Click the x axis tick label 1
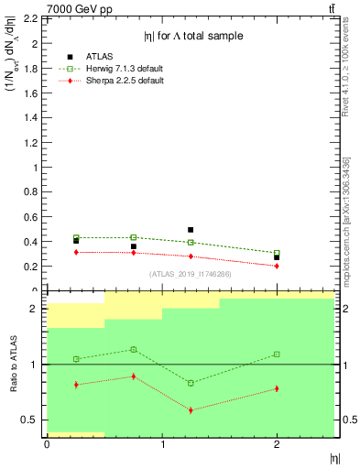click(x=162, y=444)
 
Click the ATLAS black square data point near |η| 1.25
click(x=191, y=230)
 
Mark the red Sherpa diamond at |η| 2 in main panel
click(x=277, y=266)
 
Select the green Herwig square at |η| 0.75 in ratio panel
click(x=133, y=349)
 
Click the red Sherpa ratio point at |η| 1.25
click(x=191, y=409)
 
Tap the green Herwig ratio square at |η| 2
click(x=277, y=354)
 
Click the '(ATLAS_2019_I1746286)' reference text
click(x=190, y=274)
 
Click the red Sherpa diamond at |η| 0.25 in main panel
click(x=76, y=252)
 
